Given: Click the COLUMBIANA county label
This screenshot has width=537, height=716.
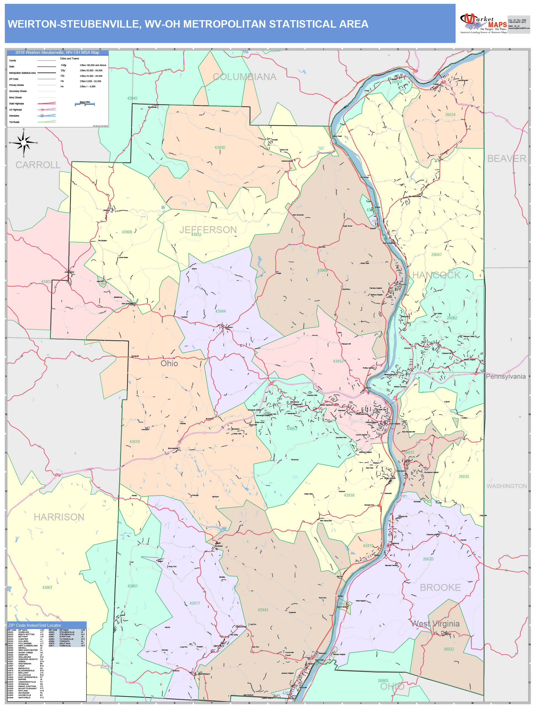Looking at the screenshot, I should tap(244, 77).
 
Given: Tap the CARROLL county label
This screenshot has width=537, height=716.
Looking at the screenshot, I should tap(38, 165).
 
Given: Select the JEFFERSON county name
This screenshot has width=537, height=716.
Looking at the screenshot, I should tap(208, 230).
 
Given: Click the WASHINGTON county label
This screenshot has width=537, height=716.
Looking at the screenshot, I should tap(506, 486).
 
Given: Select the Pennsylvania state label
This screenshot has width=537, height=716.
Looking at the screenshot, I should tap(505, 377).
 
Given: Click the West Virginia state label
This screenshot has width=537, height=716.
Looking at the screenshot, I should tap(435, 623).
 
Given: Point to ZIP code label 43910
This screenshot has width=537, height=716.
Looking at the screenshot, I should tap(135, 441).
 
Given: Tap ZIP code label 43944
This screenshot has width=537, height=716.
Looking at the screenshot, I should tap(220, 311).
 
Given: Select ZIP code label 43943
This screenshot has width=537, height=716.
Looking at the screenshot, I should tap(262, 610).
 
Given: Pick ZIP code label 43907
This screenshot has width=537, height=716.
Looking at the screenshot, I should tap(47, 588).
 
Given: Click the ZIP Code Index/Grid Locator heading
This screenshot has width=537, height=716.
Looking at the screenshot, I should tap(35, 625).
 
